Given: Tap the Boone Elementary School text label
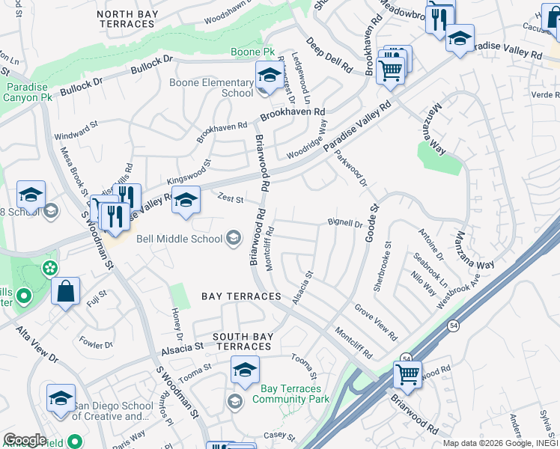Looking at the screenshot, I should pos(212,88).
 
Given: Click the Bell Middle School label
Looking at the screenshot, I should pos(179,239).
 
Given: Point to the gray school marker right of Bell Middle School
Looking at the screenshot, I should pos(234,239).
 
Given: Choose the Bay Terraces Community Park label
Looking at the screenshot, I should pos(291,394).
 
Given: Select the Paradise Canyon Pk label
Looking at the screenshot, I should pos(28,93).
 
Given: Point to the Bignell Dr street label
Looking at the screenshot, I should pos(345,223).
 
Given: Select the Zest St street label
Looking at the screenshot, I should pos(231,199).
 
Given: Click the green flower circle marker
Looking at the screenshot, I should pos(49,267).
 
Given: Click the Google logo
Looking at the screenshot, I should pos(25,439).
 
